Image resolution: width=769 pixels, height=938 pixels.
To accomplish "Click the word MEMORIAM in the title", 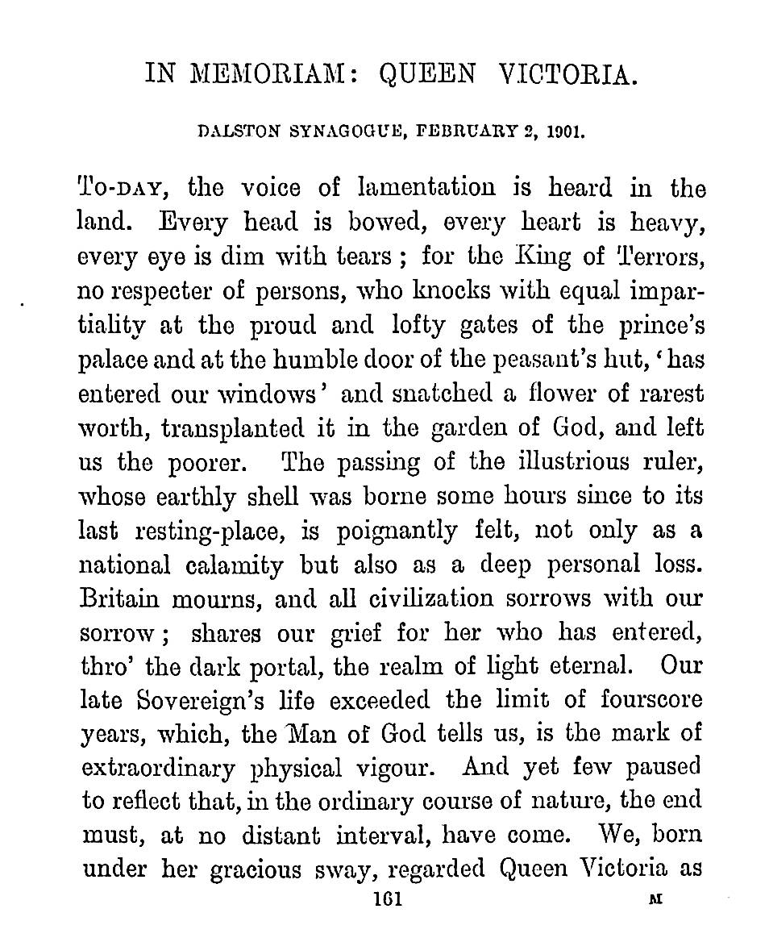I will click(270, 75).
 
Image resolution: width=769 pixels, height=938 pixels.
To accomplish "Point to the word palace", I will click(114, 361).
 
